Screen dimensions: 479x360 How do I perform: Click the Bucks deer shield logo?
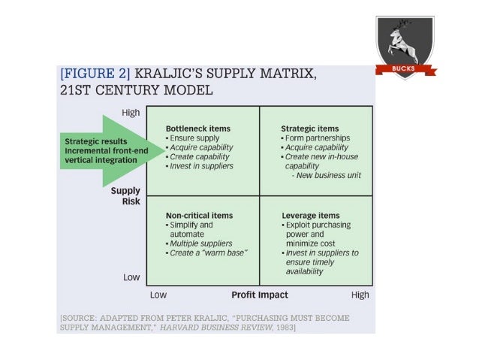[405, 46]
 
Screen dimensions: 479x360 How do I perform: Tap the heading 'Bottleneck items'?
[197, 129]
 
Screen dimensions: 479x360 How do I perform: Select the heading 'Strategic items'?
[309, 129]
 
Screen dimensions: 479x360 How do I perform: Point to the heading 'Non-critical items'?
[199, 215]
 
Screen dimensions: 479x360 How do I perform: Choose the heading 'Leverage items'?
[310, 215]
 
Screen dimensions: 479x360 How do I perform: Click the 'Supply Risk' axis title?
[125, 196]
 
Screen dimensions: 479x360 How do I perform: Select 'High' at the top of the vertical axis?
[131, 113]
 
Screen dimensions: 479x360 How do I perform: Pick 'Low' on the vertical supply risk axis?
[131, 277]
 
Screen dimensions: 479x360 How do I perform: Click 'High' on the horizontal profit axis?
[360, 295]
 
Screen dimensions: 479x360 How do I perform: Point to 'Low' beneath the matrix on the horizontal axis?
[158, 295]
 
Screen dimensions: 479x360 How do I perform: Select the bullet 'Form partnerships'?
[313, 138]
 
